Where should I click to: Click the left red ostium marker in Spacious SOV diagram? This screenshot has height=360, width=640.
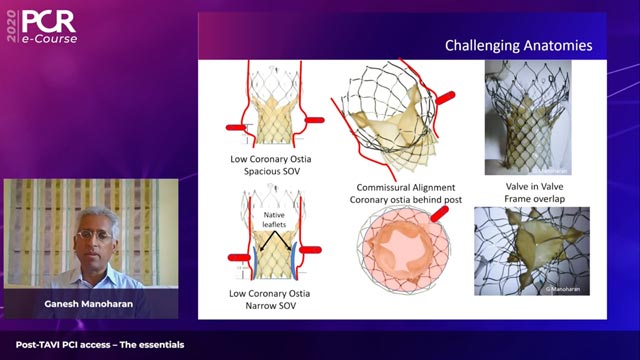point(236,128)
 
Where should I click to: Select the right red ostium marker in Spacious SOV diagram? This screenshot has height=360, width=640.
point(313,119)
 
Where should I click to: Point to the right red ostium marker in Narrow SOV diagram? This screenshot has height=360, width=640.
point(310,249)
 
